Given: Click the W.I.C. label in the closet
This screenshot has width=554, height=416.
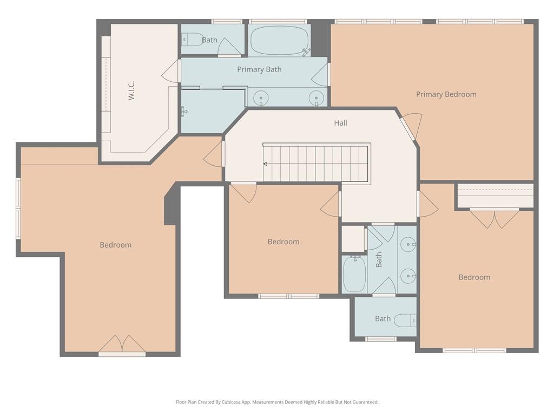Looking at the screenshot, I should (x=131, y=90).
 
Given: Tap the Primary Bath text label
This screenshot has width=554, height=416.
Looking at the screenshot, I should (x=259, y=69).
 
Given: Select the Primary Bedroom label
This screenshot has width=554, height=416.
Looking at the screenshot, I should (x=446, y=94).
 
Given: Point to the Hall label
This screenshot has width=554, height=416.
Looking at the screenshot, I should (x=340, y=123).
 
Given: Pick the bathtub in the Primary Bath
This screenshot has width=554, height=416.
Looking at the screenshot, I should (x=280, y=41).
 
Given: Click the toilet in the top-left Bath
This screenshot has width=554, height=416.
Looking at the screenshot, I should (x=192, y=40).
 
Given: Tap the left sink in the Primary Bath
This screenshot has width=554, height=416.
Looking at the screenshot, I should (x=261, y=99).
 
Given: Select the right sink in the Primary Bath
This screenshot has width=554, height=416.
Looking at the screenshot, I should (x=316, y=99).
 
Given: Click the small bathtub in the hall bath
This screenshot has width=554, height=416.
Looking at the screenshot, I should (x=354, y=274).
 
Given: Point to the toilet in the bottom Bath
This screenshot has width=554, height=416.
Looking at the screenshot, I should (x=405, y=320).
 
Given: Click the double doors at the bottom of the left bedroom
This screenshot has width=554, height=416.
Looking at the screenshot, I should (x=122, y=344).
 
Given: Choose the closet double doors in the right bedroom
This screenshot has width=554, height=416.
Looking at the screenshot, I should (x=494, y=218).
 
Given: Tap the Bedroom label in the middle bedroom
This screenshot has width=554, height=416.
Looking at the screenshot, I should (x=283, y=242).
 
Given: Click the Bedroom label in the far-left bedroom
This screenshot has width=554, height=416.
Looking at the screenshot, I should (x=115, y=245).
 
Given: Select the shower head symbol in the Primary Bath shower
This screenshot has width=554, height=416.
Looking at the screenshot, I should (x=184, y=111).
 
